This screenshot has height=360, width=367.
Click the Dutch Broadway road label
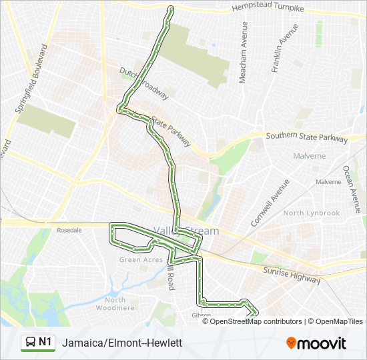click(144, 83)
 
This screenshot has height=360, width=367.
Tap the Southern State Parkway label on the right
click(306, 138)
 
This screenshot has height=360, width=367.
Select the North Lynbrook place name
click(311, 213)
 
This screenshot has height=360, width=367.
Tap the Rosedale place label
click(69, 230)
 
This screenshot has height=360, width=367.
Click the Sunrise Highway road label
click(291, 274)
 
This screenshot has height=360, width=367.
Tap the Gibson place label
click(201, 315)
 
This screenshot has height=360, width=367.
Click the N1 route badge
click(45, 342)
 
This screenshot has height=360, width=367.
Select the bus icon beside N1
click(31, 342)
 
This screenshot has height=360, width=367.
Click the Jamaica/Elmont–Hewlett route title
click(121, 343)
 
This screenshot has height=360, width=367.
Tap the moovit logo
click(316, 343)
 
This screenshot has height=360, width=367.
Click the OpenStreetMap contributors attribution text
click(256, 321)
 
